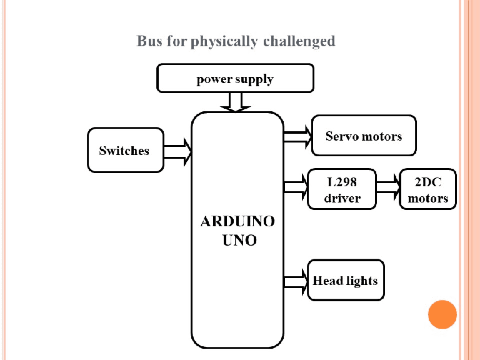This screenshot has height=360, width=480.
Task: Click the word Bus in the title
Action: [148, 41]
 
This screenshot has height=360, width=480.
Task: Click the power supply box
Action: [235, 79]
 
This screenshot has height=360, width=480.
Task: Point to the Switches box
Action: [125, 151]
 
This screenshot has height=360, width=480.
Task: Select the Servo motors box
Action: [364, 135]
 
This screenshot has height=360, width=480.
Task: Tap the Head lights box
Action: [346, 280]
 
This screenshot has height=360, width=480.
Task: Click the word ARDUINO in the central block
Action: [237, 221]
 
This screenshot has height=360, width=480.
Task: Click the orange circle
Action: [442, 314]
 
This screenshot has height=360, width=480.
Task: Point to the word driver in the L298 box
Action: [342, 198]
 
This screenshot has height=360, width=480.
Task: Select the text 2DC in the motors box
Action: [428, 182]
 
